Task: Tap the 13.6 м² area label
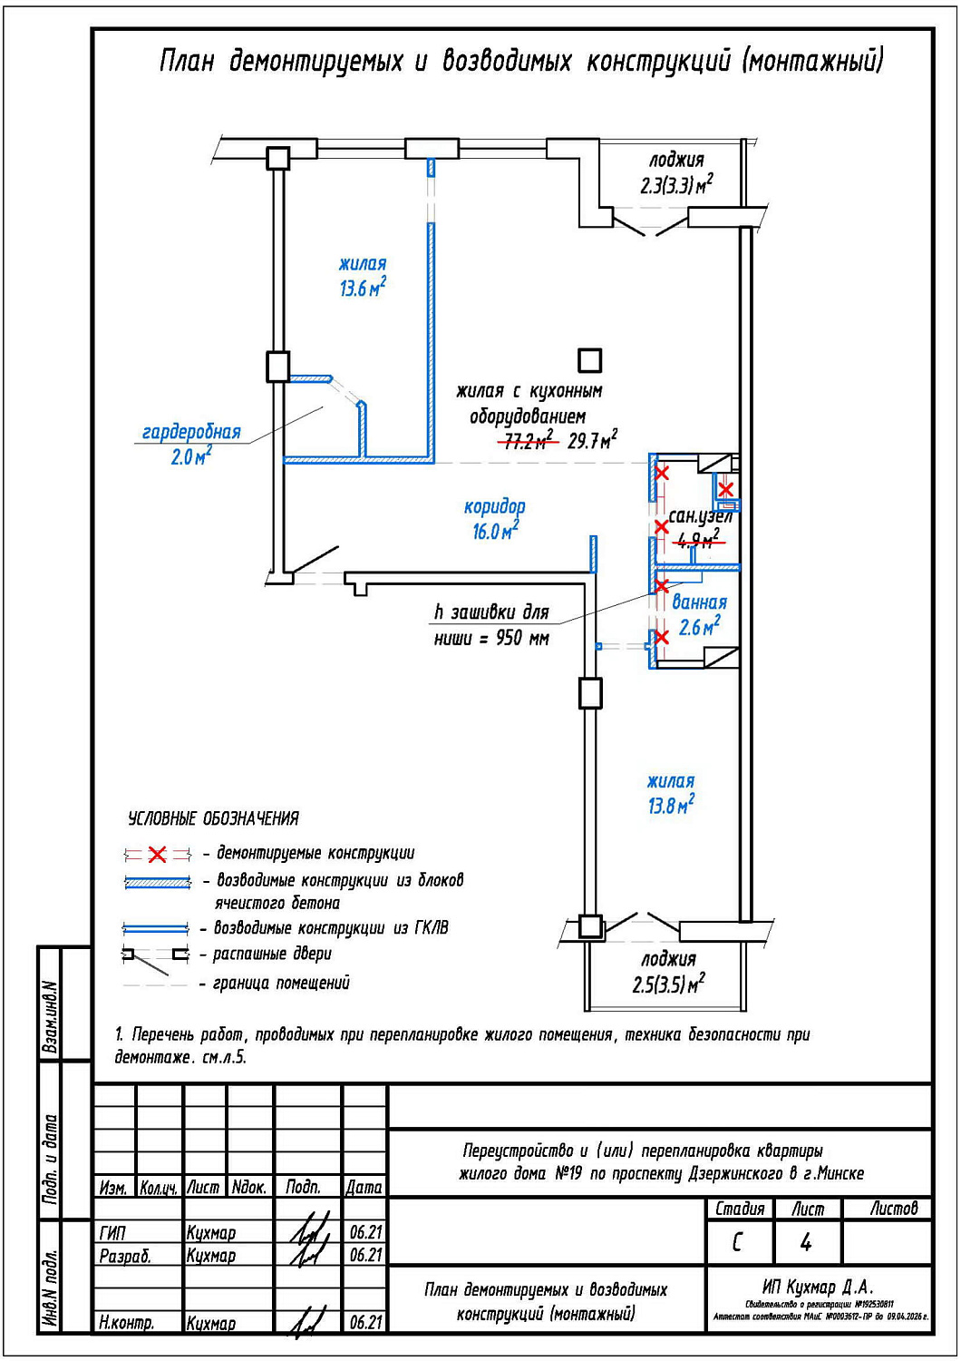[x=363, y=289]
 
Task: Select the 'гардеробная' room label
[x=191, y=432]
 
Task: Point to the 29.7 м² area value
[x=592, y=441]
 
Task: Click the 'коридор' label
[x=494, y=506]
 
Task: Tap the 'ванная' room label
[x=699, y=602]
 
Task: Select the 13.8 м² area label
[x=671, y=805]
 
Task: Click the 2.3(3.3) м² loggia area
[x=676, y=185]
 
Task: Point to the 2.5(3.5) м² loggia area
[x=668, y=984]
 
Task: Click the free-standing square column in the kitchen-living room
[x=590, y=360]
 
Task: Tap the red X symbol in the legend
[x=158, y=854]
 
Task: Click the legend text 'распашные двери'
[x=272, y=955]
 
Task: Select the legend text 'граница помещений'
[x=281, y=983]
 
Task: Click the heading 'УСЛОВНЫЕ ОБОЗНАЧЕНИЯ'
[x=214, y=818]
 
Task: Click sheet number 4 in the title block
[x=806, y=1242]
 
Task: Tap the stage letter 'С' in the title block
[x=738, y=1242]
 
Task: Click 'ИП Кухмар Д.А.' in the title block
[x=818, y=1287]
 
